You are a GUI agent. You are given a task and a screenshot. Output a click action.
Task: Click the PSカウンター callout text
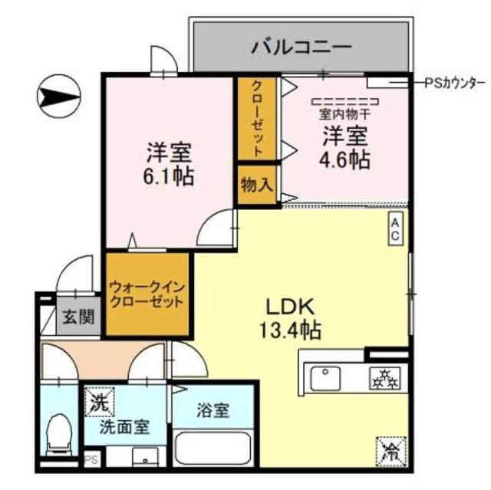(454, 82)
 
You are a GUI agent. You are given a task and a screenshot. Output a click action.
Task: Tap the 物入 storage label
(256, 186)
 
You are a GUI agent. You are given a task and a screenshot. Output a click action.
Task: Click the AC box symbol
(395, 229)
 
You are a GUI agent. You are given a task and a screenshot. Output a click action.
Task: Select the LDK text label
(290, 306)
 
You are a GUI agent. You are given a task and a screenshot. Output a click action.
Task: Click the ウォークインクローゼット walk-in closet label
(147, 295)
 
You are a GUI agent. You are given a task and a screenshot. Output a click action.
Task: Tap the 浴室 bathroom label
(212, 410)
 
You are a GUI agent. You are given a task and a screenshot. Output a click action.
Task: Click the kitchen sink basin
(325, 377)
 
